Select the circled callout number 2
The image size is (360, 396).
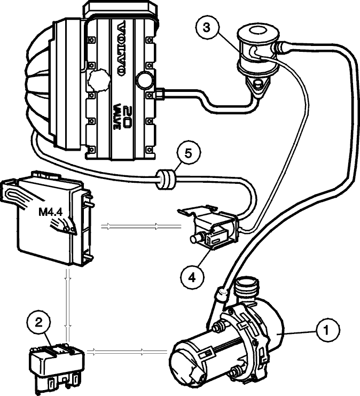point(38,323)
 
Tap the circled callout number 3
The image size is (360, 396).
point(207,28)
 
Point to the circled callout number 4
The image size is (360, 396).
point(192,278)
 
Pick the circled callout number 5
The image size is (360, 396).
point(189,153)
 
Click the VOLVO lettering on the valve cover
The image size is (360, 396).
point(122,49)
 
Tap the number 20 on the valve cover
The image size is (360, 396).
point(125,117)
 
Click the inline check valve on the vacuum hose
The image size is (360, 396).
point(166,180)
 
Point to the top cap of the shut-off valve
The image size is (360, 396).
point(259,33)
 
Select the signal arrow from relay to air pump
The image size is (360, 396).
point(127,351)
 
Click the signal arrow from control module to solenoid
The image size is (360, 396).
point(141,226)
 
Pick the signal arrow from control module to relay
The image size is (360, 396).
point(68,305)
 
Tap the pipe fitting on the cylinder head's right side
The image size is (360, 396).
point(160,94)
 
